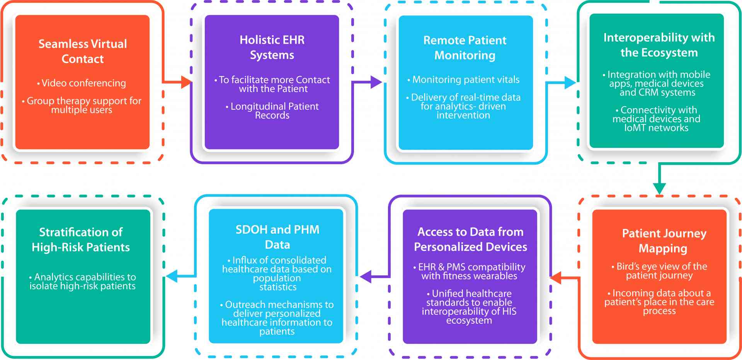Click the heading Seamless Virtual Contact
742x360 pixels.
(82, 51)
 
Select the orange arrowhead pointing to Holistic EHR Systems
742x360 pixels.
(186, 82)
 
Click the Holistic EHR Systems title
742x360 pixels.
(272, 47)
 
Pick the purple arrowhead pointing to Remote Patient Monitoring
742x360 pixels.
(376, 82)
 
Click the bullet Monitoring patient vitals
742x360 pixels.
(465, 80)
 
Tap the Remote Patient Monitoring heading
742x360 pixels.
(465, 48)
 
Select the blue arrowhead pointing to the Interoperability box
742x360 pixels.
(570, 82)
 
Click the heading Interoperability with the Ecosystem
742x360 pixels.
(659, 45)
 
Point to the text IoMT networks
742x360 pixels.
(656, 128)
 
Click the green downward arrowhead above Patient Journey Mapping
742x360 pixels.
(659, 188)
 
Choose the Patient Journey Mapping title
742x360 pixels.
(664, 241)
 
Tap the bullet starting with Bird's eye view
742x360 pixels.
(661, 271)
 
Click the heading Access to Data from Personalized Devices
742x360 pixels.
(470, 239)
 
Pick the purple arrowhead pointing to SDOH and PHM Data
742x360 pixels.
(366, 277)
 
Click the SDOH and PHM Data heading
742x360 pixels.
(277, 237)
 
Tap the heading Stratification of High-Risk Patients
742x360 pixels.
(81, 239)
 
